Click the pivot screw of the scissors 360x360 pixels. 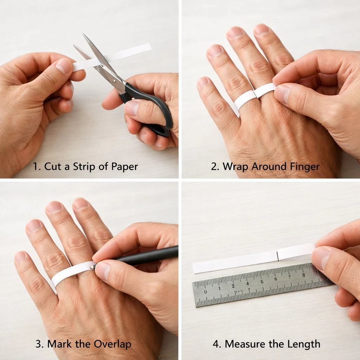point(115,81)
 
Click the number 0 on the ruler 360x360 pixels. point(205,291)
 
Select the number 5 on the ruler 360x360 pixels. point(262,282)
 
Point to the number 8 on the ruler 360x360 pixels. point(303,275)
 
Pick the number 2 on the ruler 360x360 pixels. point(233,286)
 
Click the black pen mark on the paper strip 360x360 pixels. point(278,256)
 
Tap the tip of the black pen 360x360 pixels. point(91,268)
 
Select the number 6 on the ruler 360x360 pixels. point(276,279)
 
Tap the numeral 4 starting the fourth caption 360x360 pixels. point(216,344)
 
